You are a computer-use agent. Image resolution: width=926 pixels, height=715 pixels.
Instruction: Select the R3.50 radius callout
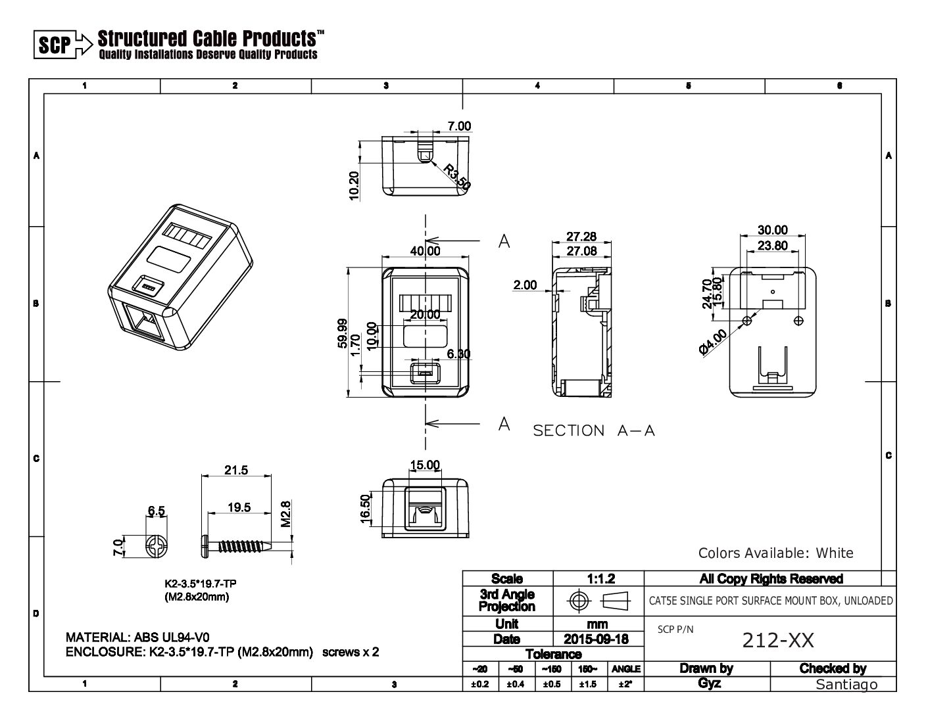456,177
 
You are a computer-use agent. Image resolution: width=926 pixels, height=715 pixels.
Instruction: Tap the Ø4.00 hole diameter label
714,342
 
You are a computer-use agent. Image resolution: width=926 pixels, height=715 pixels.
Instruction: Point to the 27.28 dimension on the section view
581,237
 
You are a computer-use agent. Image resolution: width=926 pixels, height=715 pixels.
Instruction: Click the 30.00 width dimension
772,230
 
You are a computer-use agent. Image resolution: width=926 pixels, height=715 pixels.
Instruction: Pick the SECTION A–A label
594,431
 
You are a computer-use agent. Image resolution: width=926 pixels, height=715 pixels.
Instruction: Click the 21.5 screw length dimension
236,470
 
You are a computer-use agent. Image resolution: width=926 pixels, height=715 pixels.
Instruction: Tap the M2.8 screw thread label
285,515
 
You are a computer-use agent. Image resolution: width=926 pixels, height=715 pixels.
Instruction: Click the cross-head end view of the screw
159,547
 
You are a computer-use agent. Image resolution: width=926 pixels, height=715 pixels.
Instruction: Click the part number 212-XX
778,639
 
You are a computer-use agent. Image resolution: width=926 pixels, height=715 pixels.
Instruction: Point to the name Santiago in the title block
846,684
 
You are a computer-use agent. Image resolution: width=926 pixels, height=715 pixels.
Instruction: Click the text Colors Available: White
775,553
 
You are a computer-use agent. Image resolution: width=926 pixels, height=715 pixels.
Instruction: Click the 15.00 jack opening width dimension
425,465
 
